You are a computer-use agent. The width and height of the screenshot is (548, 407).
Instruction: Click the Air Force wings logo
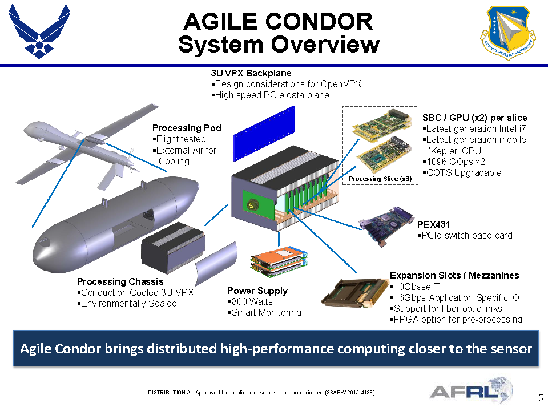coord(39,31)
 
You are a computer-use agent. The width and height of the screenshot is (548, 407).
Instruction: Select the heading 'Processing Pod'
coord(187,128)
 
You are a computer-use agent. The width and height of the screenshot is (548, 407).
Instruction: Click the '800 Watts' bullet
coord(252,301)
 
